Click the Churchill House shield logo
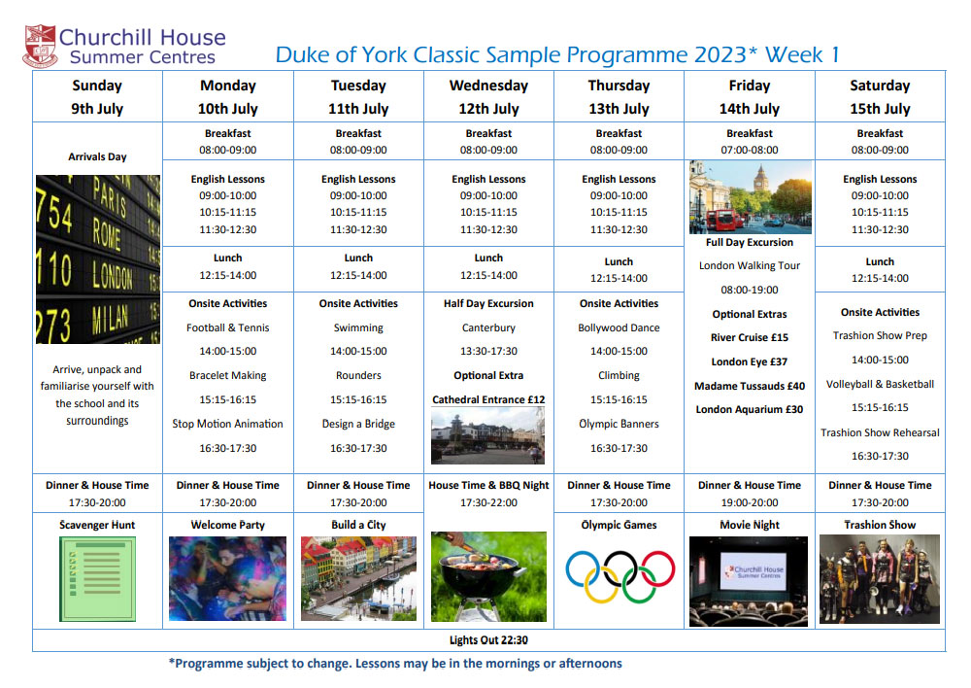(41, 46)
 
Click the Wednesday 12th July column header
(488, 97)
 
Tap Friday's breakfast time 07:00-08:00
(750, 150)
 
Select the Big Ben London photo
(750, 197)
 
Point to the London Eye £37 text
(750, 361)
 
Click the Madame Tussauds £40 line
(750, 386)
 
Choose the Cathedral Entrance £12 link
(488, 399)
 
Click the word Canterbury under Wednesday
(488, 327)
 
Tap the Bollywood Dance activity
(619, 327)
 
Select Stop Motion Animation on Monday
(228, 424)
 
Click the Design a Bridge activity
(358, 424)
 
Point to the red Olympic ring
(657, 568)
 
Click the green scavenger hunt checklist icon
(98, 579)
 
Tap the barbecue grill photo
(488, 576)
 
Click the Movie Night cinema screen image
(749, 581)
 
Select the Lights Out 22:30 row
(488, 640)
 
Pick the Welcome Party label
(228, 525)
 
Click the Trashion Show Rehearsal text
(880, 432)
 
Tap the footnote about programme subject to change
(395, 663)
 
